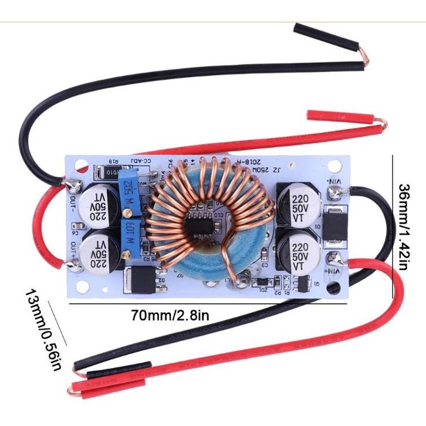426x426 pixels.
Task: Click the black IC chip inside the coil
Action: tap(199, 225)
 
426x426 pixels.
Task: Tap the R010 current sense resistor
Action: tap(105, 171)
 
